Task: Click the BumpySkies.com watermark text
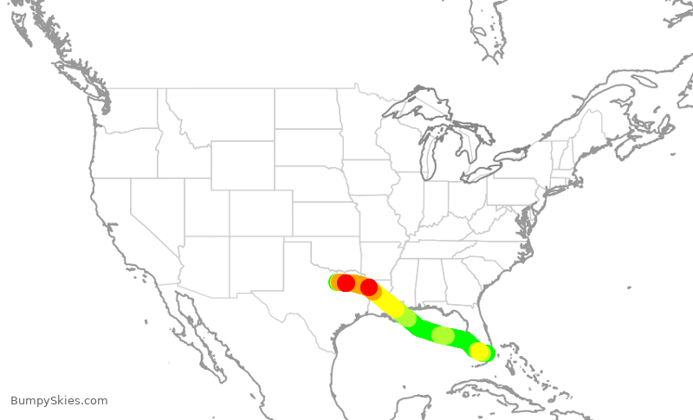point(59,401)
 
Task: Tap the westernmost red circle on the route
point(346,283)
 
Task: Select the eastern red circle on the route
point(369,288)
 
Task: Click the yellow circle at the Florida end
point(478,351)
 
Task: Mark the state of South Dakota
point(308,148)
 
